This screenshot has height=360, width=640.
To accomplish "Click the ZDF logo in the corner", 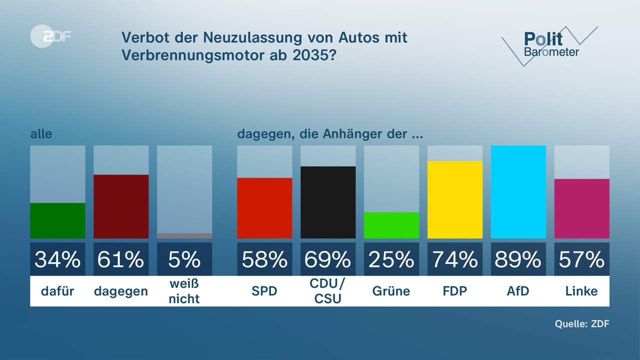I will click(50, 36).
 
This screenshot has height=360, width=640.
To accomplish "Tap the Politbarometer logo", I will click(550, 45).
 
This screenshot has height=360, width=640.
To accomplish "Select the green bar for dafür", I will click(57, 220).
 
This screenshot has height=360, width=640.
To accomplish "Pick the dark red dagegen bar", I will click(121, 206).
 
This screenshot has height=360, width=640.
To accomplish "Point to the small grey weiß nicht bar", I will click(184, 235).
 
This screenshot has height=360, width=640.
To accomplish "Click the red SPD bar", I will click(264, 208).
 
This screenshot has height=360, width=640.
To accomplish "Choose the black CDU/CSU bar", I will click(328, 202).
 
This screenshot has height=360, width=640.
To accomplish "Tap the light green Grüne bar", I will click(391, 225).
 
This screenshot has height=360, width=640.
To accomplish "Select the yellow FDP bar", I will click(455, 199).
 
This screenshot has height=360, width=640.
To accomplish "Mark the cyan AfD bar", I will click(518, 192).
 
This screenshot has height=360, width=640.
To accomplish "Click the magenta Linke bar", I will click(581, 208).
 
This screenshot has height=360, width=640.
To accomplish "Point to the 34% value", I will click(57, 259).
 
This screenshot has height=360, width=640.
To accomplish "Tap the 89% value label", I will click(518, 259).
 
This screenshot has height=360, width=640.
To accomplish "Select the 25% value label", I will click(391, 259).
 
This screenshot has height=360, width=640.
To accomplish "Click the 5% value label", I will click(184, 259).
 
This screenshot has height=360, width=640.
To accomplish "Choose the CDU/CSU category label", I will click(328, 291).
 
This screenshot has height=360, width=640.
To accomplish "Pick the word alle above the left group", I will click(41, 134).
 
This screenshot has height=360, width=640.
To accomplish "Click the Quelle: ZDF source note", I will click(582, 323).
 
